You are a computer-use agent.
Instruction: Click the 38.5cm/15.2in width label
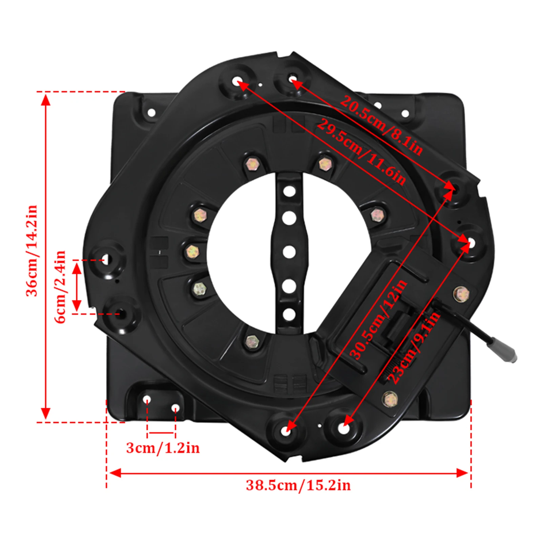(298, 485)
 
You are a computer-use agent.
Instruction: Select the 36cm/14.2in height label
(32, 251)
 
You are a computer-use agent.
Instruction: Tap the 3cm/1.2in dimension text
(163, 448)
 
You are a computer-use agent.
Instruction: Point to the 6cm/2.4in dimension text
(60, 287)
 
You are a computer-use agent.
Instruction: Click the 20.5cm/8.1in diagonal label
(381, 125)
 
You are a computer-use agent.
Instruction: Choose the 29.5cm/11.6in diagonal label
(361, 152)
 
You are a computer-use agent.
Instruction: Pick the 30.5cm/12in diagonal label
(378, 319)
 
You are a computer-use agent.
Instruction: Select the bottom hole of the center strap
(289, 314)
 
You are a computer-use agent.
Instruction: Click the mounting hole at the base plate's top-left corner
(151, 112)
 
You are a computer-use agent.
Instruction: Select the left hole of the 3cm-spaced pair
(147, 400)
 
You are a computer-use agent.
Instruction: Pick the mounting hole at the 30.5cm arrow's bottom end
(287, 431)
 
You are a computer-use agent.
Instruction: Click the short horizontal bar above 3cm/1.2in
(161, 433)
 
